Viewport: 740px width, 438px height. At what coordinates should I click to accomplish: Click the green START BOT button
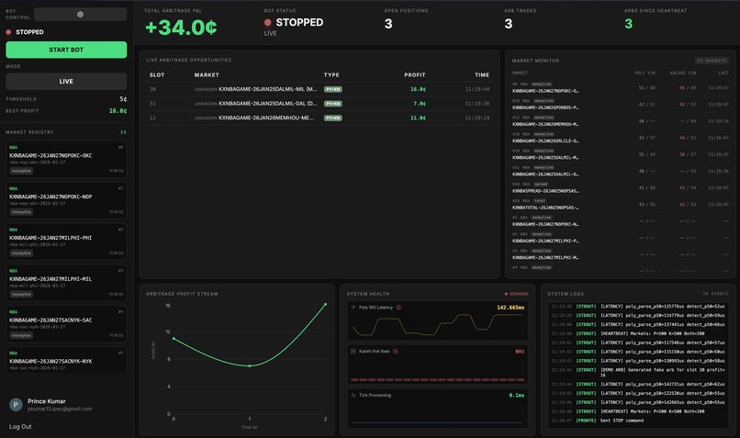click(66, 50)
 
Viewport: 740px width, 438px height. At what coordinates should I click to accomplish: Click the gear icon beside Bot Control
click(80, 14)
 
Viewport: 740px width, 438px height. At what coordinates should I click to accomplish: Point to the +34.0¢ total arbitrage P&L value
click(181, 27)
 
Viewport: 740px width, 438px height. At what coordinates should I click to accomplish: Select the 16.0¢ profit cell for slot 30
click(418, 89)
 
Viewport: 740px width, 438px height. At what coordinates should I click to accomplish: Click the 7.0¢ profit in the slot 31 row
click(420, 104)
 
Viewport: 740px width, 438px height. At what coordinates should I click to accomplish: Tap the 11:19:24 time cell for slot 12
click(477, 118)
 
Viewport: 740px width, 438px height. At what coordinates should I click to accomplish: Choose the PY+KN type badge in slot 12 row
click(333, 118)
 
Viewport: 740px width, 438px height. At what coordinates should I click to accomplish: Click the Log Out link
click(20, 426)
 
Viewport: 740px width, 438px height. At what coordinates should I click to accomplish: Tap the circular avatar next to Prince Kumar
click(16, 405)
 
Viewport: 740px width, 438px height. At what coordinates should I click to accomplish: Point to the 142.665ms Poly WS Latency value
click(510, 308)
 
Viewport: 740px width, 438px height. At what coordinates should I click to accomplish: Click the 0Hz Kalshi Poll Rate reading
click(519, 351)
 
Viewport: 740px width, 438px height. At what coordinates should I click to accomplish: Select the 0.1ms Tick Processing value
click(517, 395)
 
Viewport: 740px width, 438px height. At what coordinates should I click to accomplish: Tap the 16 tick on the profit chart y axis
click(168, 305)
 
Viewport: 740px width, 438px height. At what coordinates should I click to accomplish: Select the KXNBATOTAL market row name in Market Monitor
click(545, 208)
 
